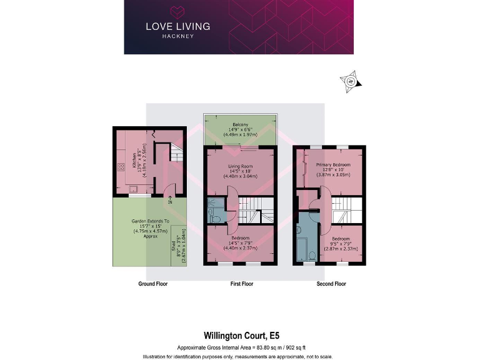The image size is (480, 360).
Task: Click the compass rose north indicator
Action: (351, 81)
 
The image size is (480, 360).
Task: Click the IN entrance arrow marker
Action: (169, 199)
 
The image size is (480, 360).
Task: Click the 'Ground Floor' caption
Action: (153, 284)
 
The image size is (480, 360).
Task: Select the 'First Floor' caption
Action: (241, 284)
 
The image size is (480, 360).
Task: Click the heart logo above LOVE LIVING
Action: (178, 12)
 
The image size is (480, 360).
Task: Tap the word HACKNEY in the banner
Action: (178, 36)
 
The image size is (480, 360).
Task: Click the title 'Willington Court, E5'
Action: (240, 334)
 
